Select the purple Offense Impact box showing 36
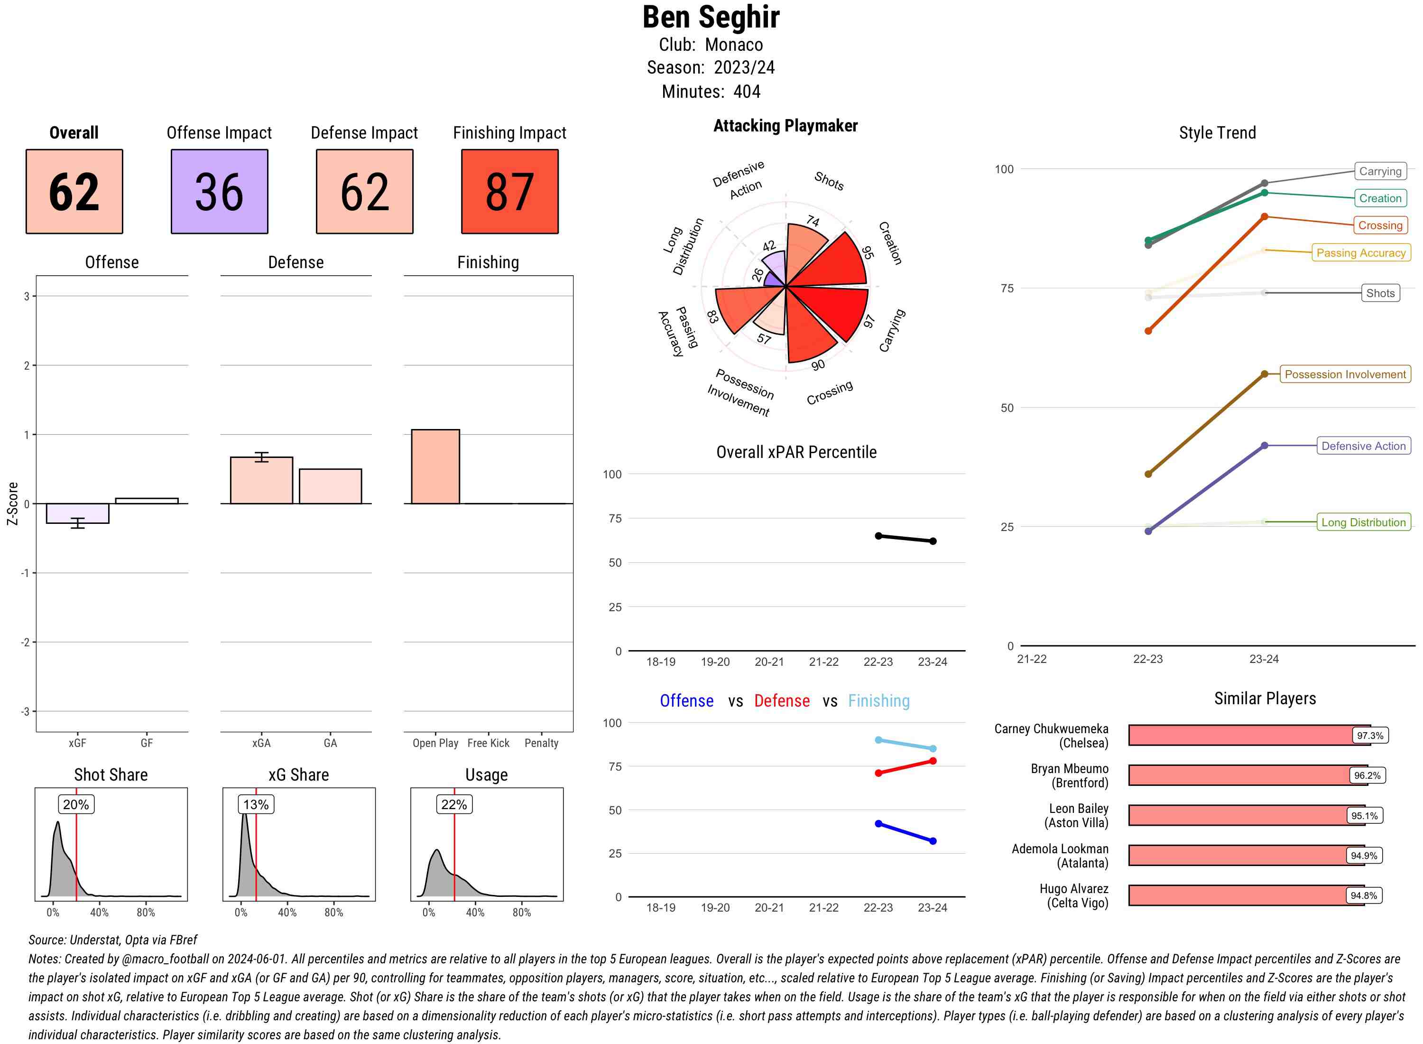219,192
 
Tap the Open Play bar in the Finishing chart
435,466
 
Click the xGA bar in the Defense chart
261,480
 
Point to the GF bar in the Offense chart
147,501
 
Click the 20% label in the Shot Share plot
76,804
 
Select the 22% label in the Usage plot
454,804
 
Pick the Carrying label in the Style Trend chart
1379,171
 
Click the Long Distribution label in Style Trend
1363,522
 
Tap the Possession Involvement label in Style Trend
1345,374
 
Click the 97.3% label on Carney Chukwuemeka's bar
1369,736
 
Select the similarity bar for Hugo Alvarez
1246,895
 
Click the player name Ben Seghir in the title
711,18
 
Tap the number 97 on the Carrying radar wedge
869,322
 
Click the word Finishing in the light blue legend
878,701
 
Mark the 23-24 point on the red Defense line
933,761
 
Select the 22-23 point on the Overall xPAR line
878,536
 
